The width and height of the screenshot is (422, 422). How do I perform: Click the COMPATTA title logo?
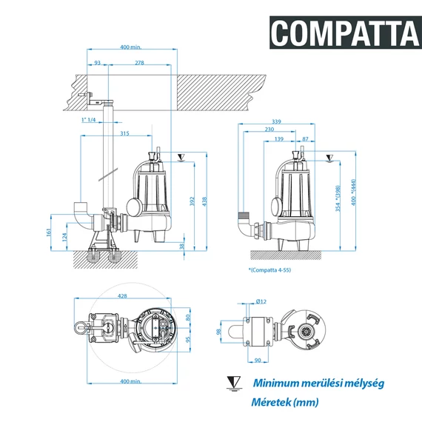coord(344,32)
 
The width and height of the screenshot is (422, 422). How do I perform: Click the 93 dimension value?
coord(98,63)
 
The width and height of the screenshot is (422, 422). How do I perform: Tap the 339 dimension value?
coord(276,121)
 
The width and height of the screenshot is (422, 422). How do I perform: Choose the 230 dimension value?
coord(269,130)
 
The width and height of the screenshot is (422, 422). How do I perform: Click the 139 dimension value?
coord(278,138)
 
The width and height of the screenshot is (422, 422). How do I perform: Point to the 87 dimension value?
coord(306,138)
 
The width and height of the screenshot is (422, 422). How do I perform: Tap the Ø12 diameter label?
coord(261,302)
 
